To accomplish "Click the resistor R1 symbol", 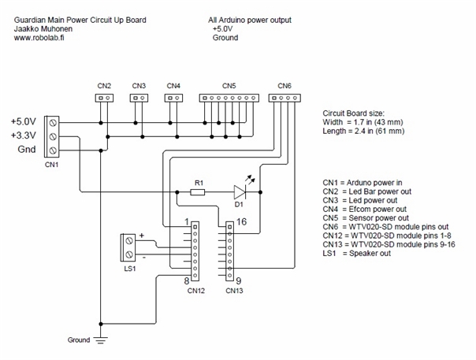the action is (x=197, y=192).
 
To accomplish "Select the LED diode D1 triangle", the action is (x=240, y=192).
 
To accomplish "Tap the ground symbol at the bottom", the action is (x=101, y=340).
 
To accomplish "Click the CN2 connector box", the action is (x=104, y=98).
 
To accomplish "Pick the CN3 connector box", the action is (x=139, y=98).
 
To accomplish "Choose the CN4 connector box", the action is (x=173, y=98).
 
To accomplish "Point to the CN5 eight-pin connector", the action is (x=229, y=98).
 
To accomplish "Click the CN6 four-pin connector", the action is (x=284, y=98).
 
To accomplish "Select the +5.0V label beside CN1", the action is (x=24, y=122).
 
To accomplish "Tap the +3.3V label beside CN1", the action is (x=24, y=135).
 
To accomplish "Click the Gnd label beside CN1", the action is (x=27, y=150).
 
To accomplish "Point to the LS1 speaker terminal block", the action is (x=128, y=247).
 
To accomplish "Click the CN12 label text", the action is (x=196, y=291).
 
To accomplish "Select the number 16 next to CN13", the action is (x=241, y=222).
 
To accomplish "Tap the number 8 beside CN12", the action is (x=187, y=280).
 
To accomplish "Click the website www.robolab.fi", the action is (x=39, y=38).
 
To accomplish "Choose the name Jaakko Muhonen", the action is (x=43, y=29).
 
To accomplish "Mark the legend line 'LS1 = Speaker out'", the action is (x=357, y=254).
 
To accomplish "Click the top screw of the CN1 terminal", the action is (x=53, y=123).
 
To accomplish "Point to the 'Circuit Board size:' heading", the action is (x=353, y=113).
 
